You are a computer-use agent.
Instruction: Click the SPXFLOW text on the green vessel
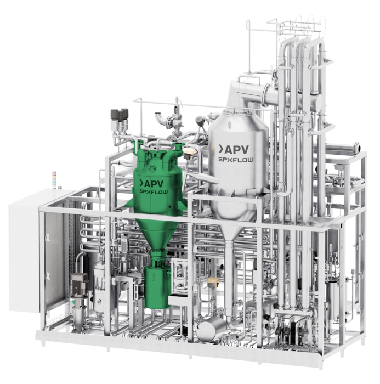[154, 192]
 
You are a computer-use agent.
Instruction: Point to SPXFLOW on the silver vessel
[236, 160]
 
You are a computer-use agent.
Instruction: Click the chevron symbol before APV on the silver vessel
[220, 149]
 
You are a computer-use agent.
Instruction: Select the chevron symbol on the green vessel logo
[141, 183]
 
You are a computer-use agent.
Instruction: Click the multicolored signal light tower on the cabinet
[54, 180]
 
